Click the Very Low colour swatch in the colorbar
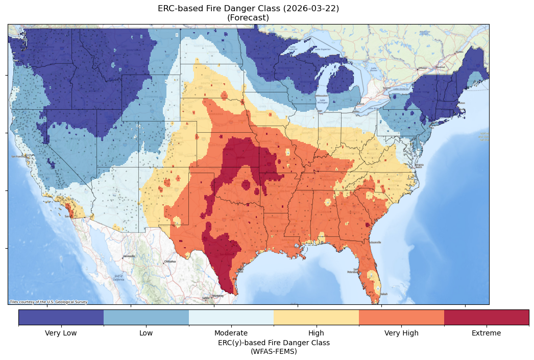[61, 317]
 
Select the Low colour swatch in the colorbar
[146, 317]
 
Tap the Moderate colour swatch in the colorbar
[231, 317]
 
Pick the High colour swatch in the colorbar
[316, 317]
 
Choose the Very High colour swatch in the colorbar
[401, 317]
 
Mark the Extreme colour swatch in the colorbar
[487, 317]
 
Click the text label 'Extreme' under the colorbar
[487, 333]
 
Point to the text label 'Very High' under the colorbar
[401, 333]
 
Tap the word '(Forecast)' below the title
[248, 18]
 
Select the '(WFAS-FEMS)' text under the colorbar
[274, 351]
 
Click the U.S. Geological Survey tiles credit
[48, 302]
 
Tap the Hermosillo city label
[129, 256]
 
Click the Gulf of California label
[118, 278]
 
